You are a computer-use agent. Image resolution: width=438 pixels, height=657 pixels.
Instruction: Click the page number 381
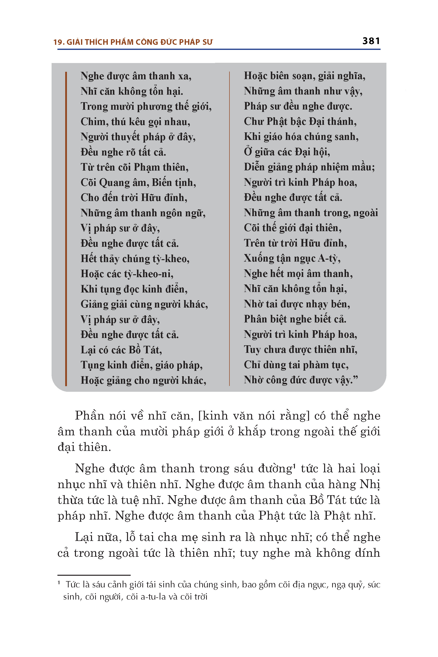371,41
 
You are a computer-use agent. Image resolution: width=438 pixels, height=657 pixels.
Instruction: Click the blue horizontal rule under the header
219,49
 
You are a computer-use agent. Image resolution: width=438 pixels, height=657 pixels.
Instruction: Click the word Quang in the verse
115,183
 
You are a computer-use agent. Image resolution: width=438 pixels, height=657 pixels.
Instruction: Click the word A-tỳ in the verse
329,258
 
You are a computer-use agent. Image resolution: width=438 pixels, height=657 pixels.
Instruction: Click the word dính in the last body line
367,553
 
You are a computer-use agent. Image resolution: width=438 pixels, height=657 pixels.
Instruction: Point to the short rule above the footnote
94,575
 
